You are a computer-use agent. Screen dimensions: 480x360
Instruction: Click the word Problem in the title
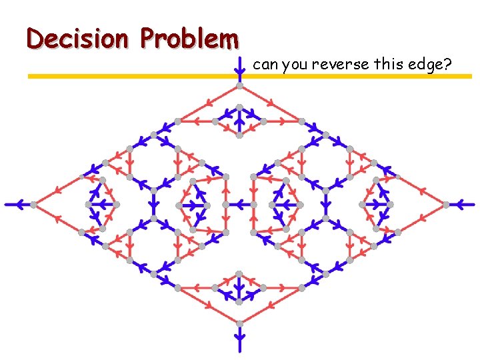[190, 39]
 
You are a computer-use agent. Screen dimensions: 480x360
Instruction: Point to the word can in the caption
[265, 65]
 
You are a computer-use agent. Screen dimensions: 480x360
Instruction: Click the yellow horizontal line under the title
[133, 77]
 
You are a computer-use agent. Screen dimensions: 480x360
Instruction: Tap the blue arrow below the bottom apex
[239, 337]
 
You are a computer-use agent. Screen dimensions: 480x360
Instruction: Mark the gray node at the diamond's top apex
[239, 87]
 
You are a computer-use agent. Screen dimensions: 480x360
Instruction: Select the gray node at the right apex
[445, 204]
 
